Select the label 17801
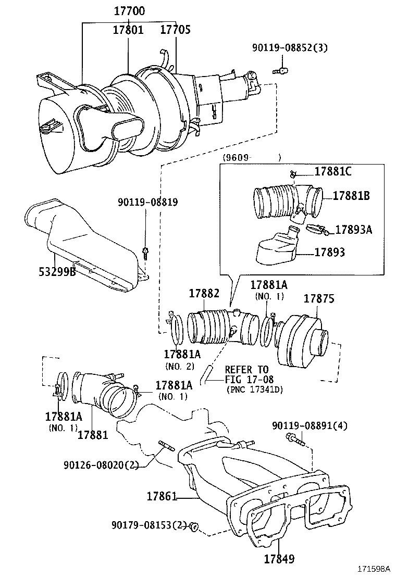click(128, 30)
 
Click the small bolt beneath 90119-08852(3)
click(281, 69)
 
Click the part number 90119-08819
click(147, 202)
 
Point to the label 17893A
click(353, 229)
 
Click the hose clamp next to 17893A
click(317, 229)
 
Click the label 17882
click(204, 294)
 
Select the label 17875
click(319, 299)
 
